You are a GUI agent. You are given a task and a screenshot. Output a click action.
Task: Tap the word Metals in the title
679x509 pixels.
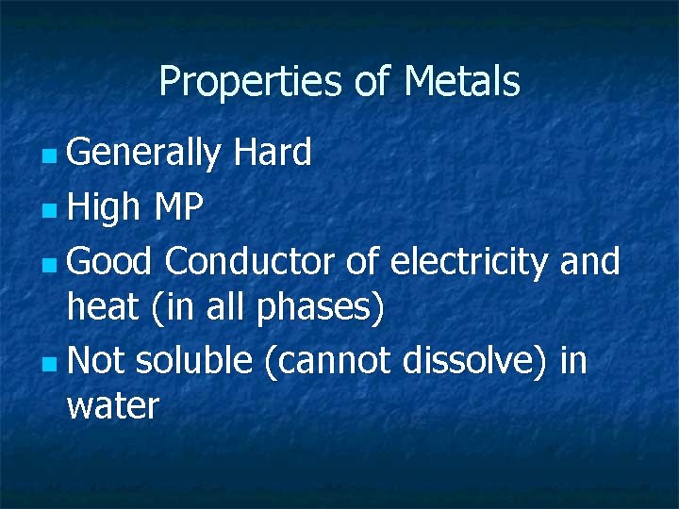click(462, 81)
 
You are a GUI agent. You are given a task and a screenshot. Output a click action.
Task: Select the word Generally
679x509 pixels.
click(143, 153)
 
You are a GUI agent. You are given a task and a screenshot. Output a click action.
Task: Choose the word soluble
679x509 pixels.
click(194, 359)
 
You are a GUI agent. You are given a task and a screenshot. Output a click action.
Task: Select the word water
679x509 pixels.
click(113, 407)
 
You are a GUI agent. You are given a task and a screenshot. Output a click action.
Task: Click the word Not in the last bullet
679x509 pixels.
click(96, 359)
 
